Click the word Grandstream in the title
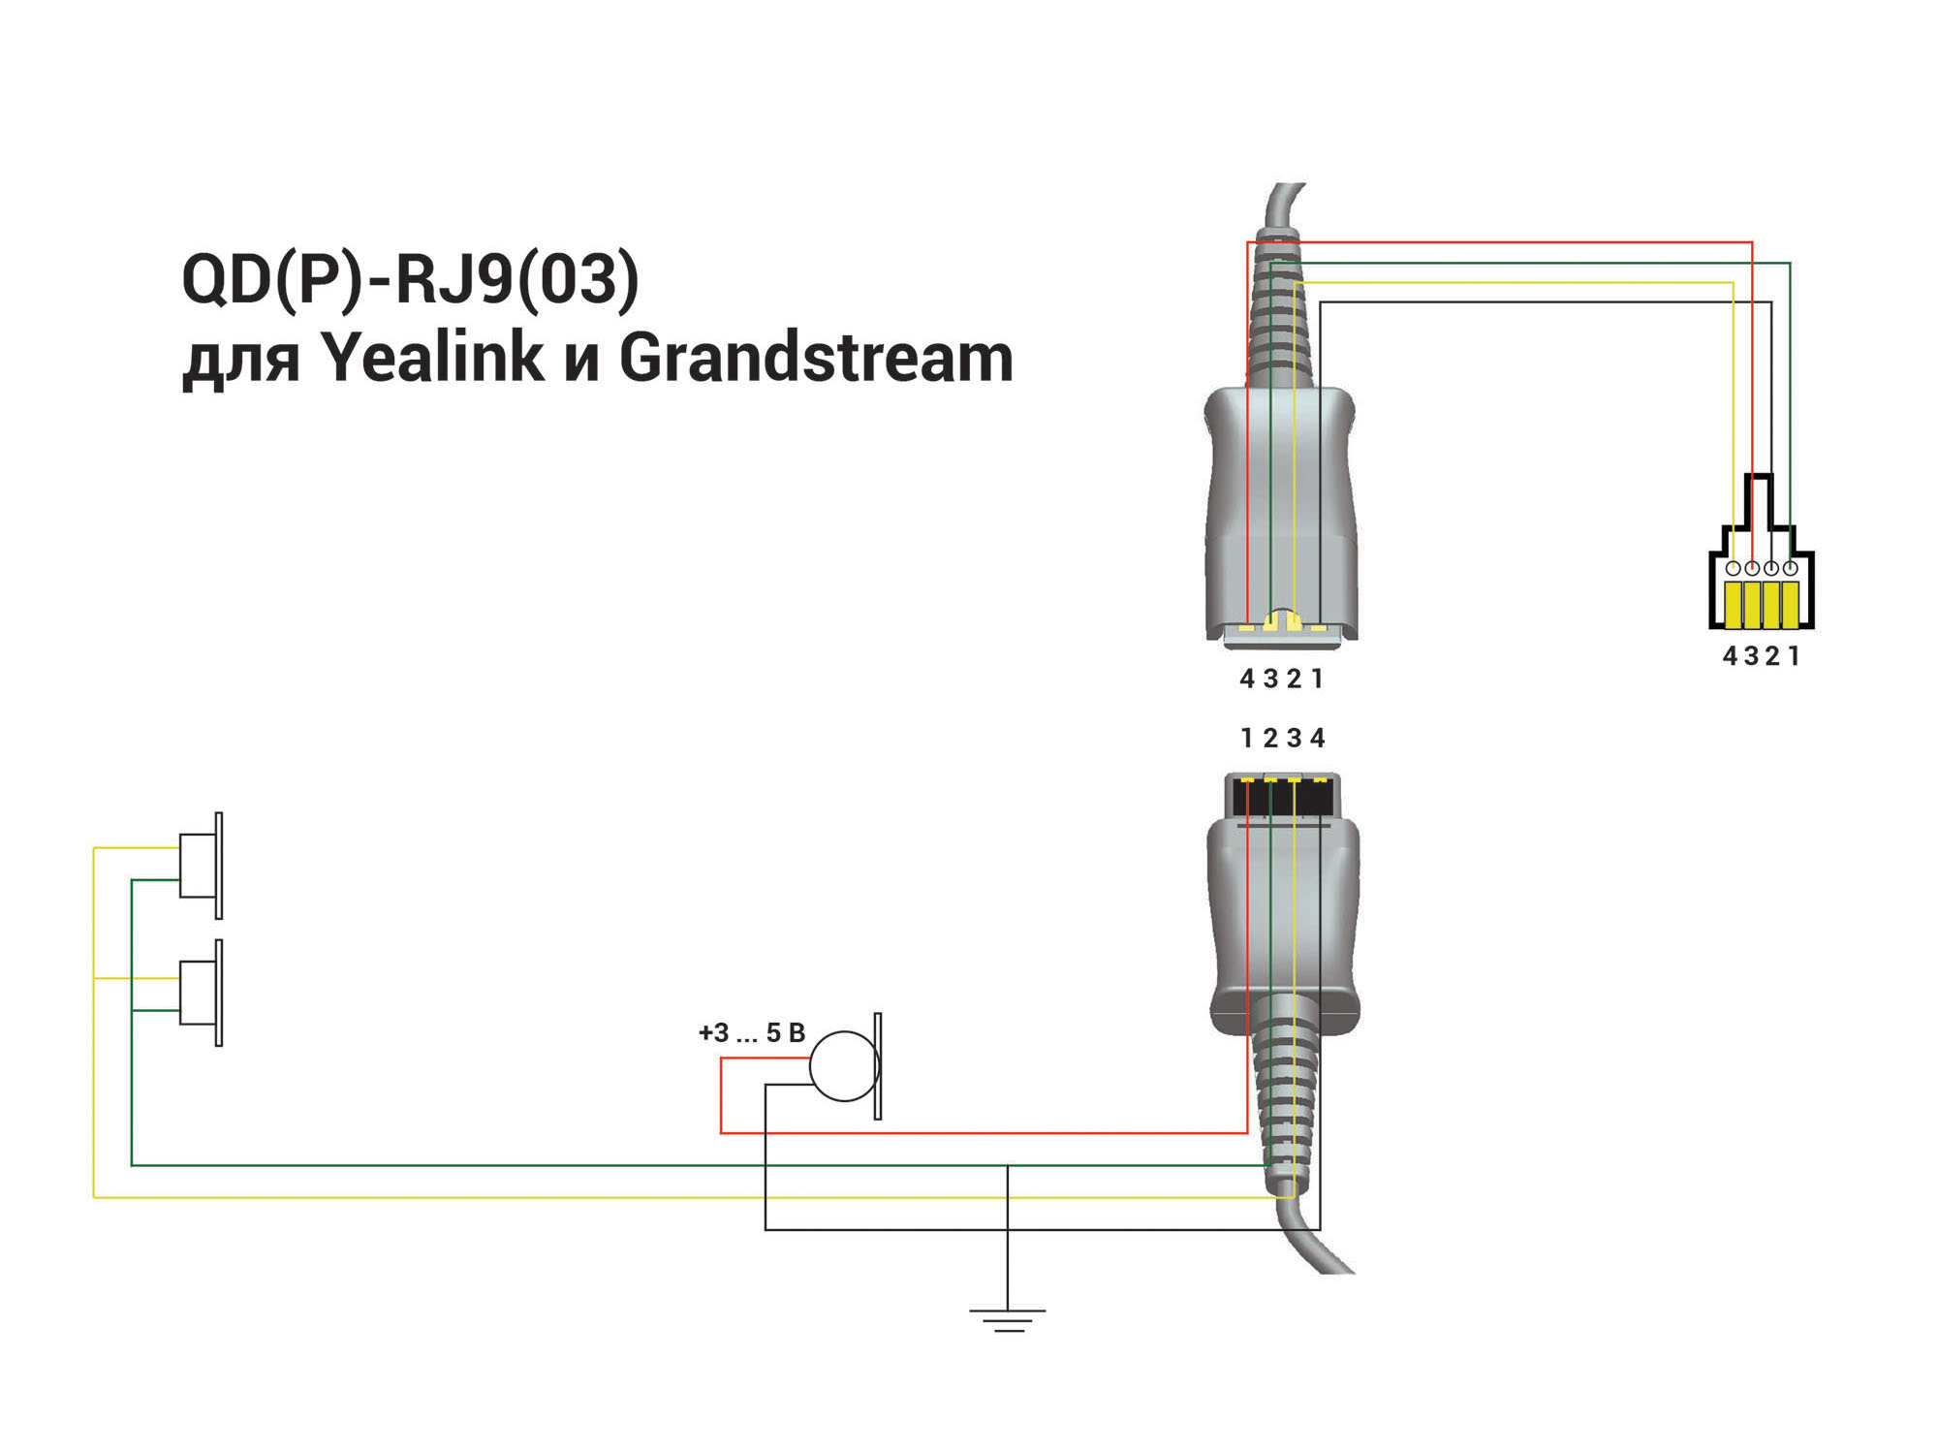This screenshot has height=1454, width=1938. pyautogui.click(x=816, y=358)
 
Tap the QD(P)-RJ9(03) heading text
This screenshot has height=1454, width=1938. pyautogui.click(x=411, y=280)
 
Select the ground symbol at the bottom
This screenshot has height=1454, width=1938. pyautogui.click(x=1008, y=1320)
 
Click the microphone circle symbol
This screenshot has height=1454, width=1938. pyautogui.click(x=844, y=1066)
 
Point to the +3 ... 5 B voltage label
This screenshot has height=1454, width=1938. pyautogui.click(x=752, y=1033)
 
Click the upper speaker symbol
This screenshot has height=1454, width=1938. pyautogui.click(x=202, y=866)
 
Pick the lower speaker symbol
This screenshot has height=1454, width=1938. pyautogui.click(x=202, y=993)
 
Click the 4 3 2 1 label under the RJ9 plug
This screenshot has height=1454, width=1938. pyautogui.click(x=1761, y=656)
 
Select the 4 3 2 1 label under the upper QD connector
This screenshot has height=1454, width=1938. pyautogui.click(x=1281, y=679)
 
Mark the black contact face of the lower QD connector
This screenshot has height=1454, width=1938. pyautogui.click(x=1282, y=797)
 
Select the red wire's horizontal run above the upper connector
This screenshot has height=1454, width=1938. pyautogui.click(x=1500, y=241)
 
